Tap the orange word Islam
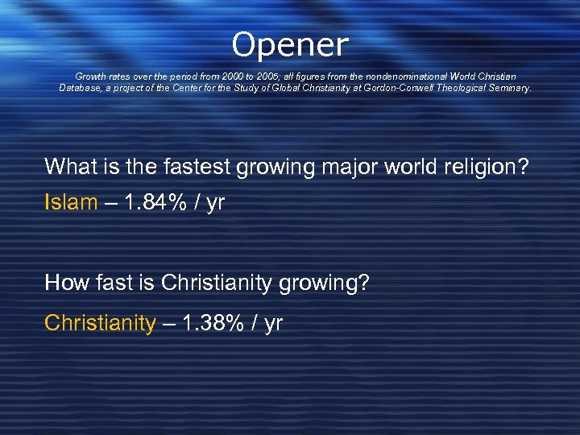click(71, 202)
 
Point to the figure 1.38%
click(215, 323)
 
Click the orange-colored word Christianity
click(100, 323)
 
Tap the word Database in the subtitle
click(80, 88)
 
